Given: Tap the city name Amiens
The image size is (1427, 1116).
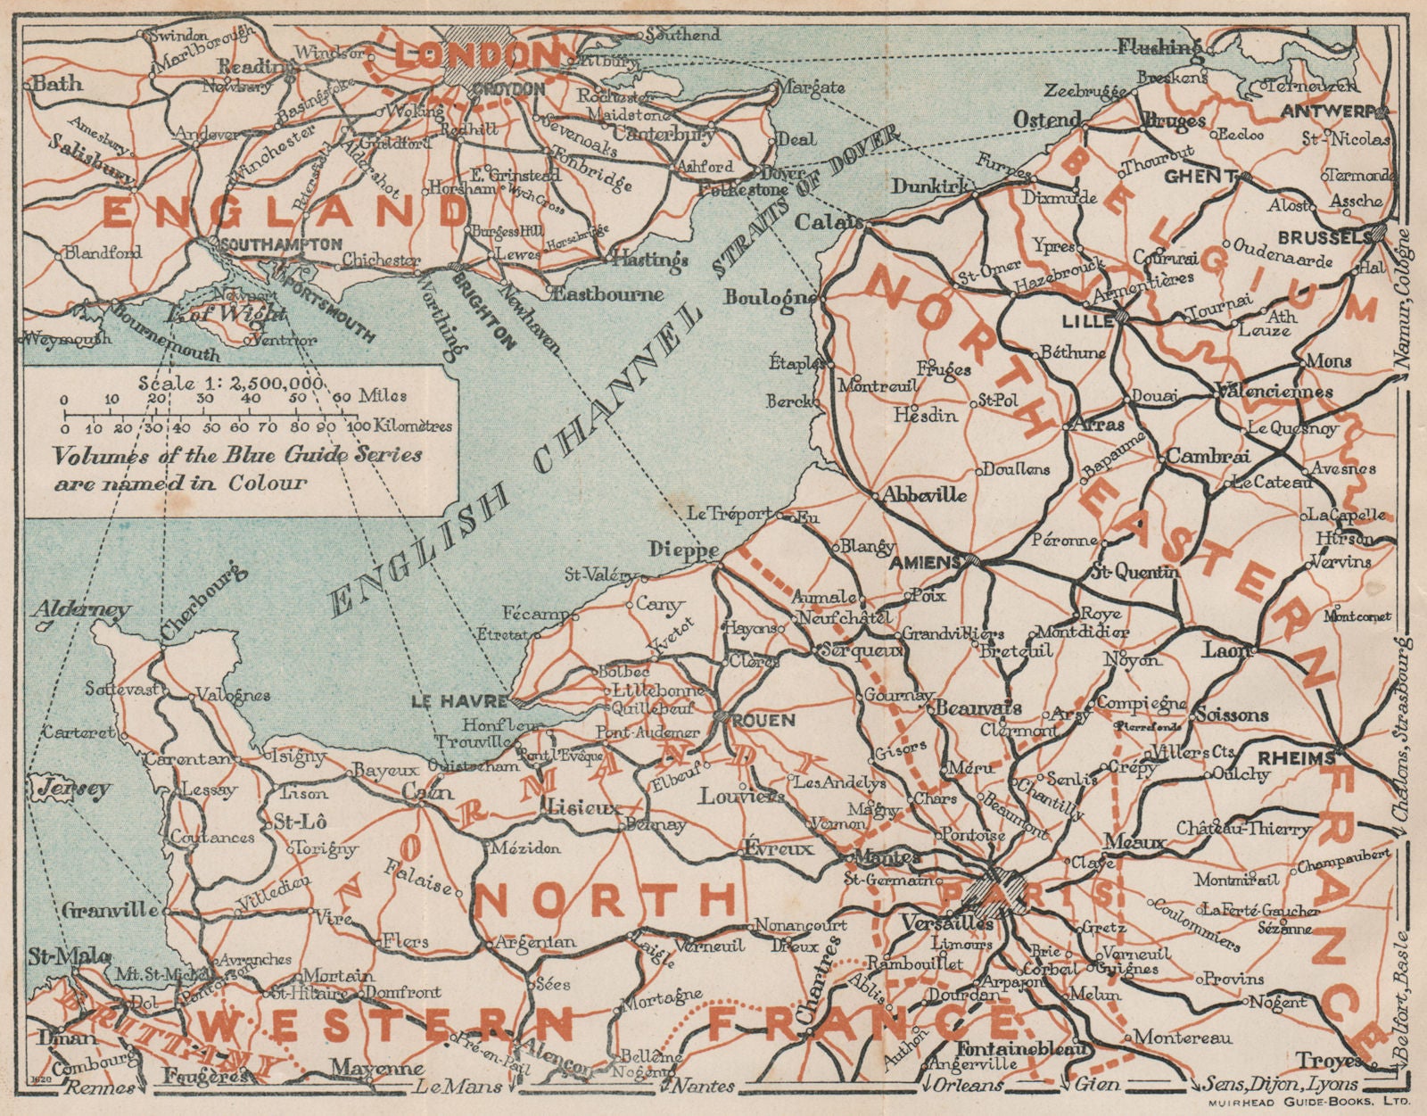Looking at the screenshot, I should (927, 562).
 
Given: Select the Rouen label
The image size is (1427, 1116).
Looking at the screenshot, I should (763, 719).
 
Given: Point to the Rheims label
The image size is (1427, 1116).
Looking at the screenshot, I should (1295, 758).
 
